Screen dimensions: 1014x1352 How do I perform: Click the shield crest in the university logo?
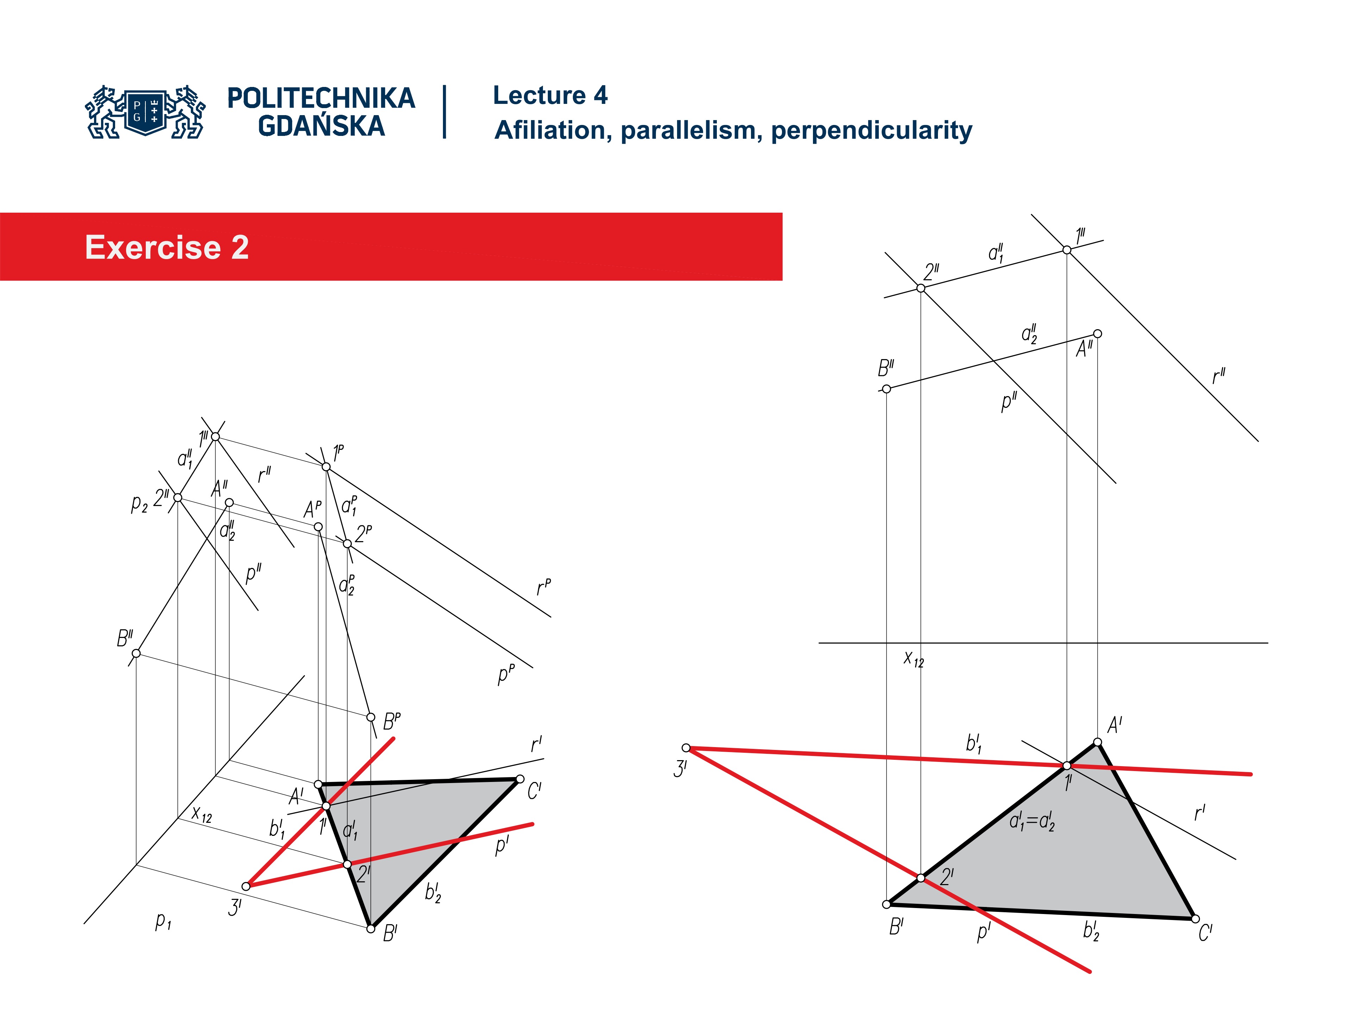tap(145, 111)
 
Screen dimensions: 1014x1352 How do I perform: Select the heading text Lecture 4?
tap(550, 95)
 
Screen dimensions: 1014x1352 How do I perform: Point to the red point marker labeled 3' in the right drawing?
tap(686, 747)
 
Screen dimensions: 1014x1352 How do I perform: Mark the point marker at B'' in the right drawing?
tap(886, 389)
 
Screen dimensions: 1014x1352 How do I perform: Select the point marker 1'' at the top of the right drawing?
tap(1066, 249)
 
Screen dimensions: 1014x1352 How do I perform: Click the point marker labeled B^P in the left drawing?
tap(370, 717)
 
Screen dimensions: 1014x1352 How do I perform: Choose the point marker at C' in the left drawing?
tap(520, 779)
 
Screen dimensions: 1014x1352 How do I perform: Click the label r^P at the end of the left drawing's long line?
tap(543, 587)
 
